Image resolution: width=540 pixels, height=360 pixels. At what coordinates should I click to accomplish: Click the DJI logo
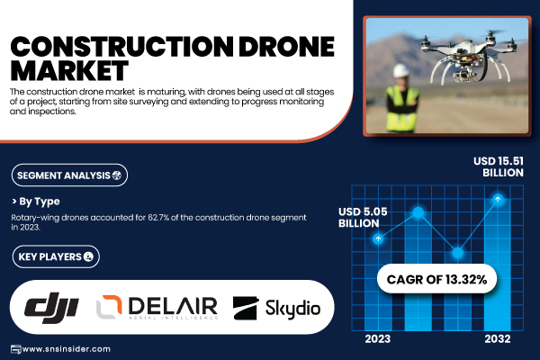pyautogui.click(x=51, y=308)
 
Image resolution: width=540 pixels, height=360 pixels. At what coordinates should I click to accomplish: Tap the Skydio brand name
pyautogui.click(x=292, y=309)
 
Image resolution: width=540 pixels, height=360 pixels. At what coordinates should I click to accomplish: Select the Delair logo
pyautogui.click(x=157, y=307)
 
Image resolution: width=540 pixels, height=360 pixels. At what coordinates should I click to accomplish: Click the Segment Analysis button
pyautogui.click(x=69, y=175)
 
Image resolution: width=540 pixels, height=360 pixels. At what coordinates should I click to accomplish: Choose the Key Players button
pyautogui.click(x=56, y=256)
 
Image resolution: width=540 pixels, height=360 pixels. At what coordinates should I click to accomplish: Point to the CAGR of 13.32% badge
pyautogui.click(x=436, y=279)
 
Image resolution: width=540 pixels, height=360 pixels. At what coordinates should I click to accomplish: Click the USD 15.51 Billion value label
pyautogui.click(x=499, y=166)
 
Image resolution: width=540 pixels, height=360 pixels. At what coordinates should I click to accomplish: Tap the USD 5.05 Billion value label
pyautogui.click(x=363, y=218)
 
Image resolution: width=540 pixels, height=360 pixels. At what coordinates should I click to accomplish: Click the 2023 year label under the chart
pyautogui.click(x=378, y=339)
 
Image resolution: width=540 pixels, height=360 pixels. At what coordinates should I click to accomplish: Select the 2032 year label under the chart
pyautogui.click(x=498, y=339)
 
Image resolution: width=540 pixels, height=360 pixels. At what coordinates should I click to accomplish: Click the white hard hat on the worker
pyautogui.click(x=400, y=70)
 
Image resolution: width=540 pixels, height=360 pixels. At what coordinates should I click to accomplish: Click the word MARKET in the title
pyautogui.click(x=69, y=70)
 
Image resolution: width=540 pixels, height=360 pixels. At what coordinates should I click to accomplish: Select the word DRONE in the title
pyautogui.click(x=286, y=47)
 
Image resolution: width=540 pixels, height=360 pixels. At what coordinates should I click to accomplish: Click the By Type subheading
pyautogui.click(x=36, y=202)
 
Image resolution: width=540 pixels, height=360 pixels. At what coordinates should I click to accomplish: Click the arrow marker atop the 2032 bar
pyautogui.click(x=498, y=199)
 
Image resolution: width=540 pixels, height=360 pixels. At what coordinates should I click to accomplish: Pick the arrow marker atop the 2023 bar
pyautogui.click(x=378, y=238)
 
